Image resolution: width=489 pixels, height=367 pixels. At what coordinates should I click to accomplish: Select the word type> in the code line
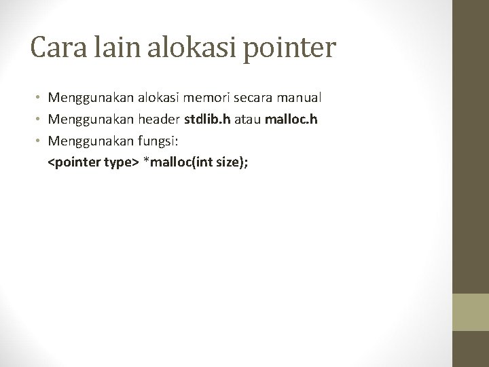click(x=119, y=164)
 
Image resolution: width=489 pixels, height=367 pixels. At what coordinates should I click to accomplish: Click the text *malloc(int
click(x=178, y=164)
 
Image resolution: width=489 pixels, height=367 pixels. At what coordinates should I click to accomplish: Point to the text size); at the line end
click(x=232, y=164)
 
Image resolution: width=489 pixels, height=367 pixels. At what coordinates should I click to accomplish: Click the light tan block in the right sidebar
click(x=471, y=313)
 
